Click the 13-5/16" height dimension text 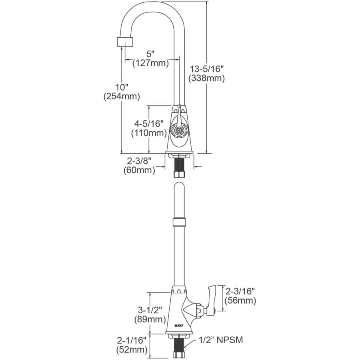tap(206, 69)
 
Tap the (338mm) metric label tap(206, 78)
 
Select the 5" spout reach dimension tap(150, 54)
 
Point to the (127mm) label tap(150, 63)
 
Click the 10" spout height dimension tap(122, 87)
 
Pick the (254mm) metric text tap(122, 96)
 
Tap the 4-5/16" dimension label tap(149, 124)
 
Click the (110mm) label tap(149, 133)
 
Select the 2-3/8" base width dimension tap(139, 161)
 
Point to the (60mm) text tap(139, 170)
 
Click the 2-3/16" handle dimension tap(240, 291)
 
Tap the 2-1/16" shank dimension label tap(132, 340)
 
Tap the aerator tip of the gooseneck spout tap(125, 42)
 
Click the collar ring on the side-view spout tap(179, 222)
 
